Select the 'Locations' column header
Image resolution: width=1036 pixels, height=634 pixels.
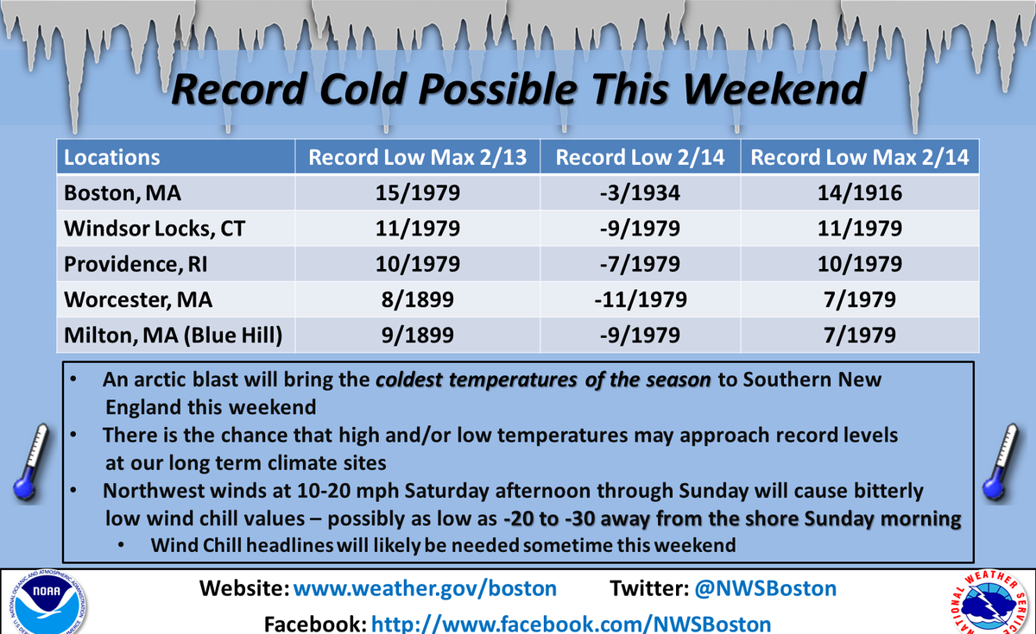[112, 157]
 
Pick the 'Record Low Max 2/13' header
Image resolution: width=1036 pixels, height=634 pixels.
[418, 157]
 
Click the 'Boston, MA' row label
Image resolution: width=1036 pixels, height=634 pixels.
[123, 193]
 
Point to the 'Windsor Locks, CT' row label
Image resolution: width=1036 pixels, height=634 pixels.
[150, 229]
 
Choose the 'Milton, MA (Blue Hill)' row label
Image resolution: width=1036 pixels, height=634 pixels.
[174, 335]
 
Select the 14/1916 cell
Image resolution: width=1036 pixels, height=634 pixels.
[860, 193]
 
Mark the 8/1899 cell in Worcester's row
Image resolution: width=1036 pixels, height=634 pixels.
[418, 299]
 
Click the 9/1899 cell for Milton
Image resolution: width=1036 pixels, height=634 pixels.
[418, 335]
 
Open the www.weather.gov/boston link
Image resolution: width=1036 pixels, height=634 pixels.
[425, 589]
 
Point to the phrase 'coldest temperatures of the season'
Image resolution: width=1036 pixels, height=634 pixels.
[545, 381]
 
